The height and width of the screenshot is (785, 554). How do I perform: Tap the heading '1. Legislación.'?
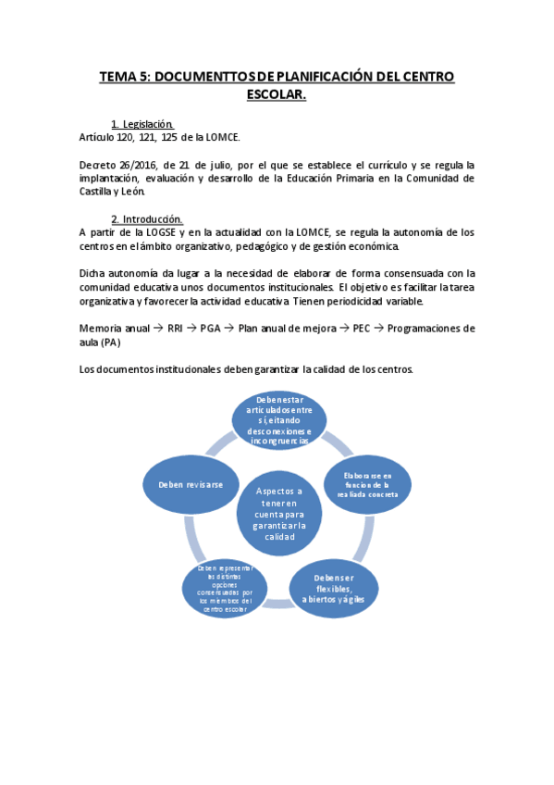(142, 124)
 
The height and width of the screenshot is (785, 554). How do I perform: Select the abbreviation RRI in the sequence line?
(176, 328)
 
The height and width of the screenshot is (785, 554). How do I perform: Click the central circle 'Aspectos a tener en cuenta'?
(277, 514)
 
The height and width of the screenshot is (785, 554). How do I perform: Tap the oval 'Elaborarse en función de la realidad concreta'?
(368, 484)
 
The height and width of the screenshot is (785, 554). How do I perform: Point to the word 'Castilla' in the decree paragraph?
(99, 192)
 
